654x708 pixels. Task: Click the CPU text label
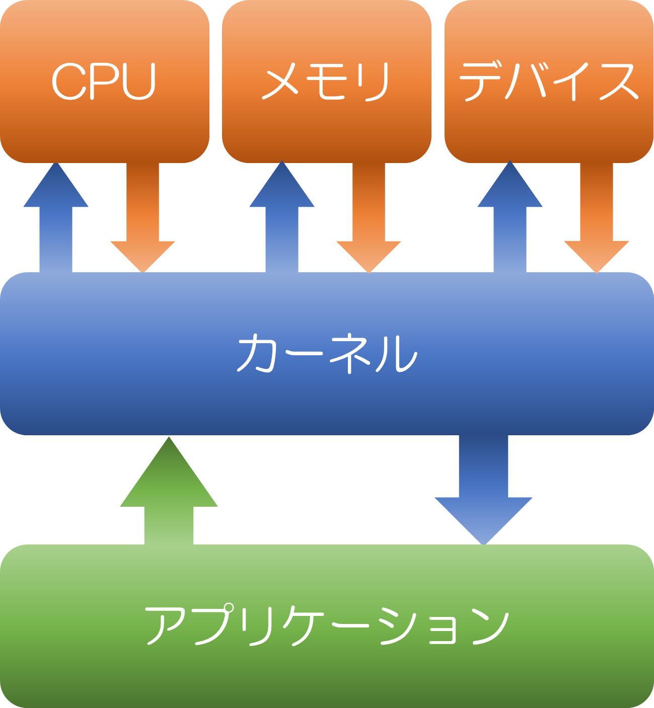pos(104,81)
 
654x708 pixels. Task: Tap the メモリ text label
pos(326,81)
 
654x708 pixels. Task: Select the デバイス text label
pos(549,81)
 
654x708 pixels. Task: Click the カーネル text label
pos(327,353)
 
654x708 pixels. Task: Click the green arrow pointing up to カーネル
pos(169,493)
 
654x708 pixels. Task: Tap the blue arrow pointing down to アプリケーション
pos(483,491)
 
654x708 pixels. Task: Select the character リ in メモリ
pos(376,82)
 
